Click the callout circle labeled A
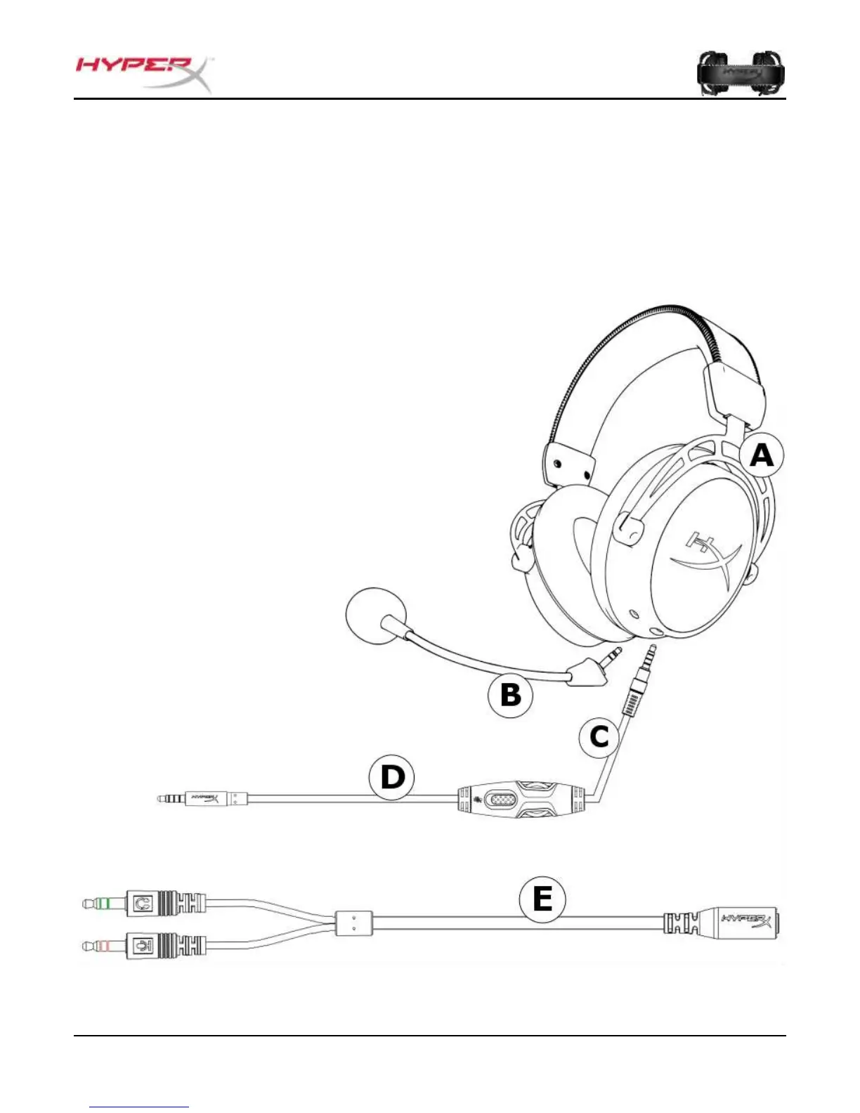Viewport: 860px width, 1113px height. click(x=762, y=457)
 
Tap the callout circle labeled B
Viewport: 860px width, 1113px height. click(x=511, y=695)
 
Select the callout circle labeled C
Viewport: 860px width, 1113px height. click(x=599, y=737)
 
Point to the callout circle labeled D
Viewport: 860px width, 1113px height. click(x=392, y=778)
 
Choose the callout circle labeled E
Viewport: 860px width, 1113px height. click(x=542, y=899)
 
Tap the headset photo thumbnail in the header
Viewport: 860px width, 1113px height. click(x=741, y=73)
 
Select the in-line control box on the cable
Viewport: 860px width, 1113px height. click(x=519, y=800)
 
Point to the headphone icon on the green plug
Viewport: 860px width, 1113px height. click(x=143, y=904)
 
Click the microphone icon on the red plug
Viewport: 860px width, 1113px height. click(x=143, y=946)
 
